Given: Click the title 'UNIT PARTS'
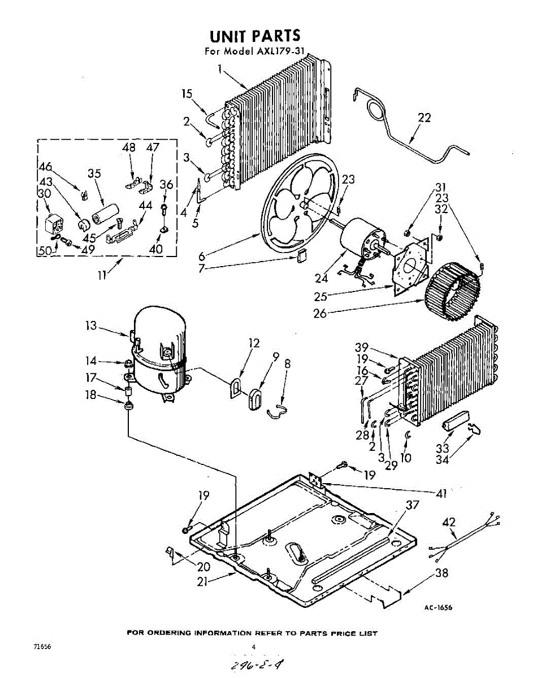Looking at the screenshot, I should pos(255,36).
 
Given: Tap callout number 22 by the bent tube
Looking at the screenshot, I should pos(424,118).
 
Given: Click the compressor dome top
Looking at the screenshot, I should pos(158,322).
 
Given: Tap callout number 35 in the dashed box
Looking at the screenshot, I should pos(94,173).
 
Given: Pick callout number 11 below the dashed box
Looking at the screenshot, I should pos(102,276).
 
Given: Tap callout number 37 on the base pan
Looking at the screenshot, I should pos(413,506).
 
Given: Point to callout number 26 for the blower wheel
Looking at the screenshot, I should pos(320,313).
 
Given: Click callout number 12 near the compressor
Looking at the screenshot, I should pos(254,343).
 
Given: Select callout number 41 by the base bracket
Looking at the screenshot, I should pos(440,494).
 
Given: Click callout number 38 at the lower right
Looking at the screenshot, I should pos(441,573).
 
